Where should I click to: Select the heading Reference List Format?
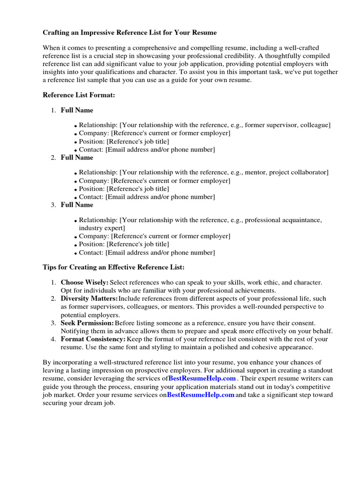pyautogui.click(x=79, y=95)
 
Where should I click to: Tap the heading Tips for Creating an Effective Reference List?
pyautogui.click(x=113, y=267)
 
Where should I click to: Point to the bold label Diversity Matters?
pyautogui.click(x=89, y=299)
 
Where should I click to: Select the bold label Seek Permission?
pyautogui.click(x=87, y=323)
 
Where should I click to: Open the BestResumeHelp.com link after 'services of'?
pyautogui.click(x=202, y=378)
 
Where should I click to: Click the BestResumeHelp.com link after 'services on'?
pyautogui.click(x=201, y=395)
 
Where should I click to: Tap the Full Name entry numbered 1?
pyautogui.click(x=77, y=110)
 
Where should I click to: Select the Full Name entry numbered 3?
pyautogui.click(x=77, y=205)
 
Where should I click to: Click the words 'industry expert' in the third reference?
pyautogui.click(x=102, y=228)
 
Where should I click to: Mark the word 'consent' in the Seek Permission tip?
pyautogui.click(x=303, y=323)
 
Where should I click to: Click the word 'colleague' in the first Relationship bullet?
pyautogui.click(x=314, y=125)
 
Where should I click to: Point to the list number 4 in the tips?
pyautogui.click(x=53, y=339)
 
